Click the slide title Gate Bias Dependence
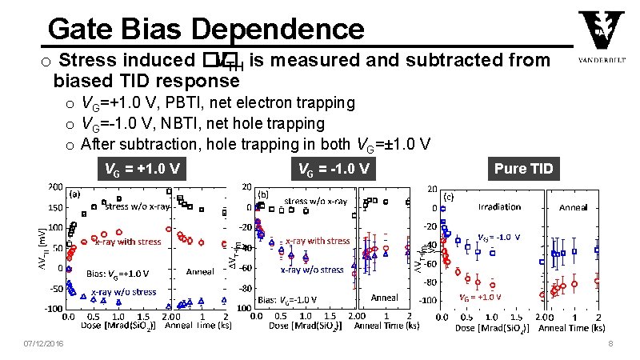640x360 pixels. point(206,29)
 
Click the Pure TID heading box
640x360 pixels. point(522,169)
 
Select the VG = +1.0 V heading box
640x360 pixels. point(142,169)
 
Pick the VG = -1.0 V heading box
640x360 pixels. point(333,169)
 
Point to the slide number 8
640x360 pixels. point(610,344)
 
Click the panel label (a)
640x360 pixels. point(73,194)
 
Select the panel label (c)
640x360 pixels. point(449,197)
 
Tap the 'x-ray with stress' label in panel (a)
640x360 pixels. point(128,241)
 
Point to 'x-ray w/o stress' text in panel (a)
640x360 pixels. point(123,292)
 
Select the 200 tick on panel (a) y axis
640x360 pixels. point(54,186)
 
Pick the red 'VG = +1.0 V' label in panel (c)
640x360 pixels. point(481,296)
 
